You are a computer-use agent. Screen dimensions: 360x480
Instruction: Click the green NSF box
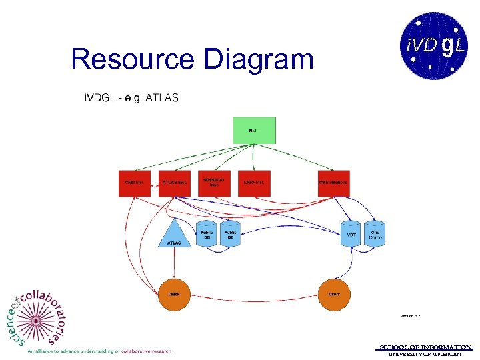254,131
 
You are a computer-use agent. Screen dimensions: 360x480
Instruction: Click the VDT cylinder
351,234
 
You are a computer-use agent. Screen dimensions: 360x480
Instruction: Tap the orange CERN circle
175,294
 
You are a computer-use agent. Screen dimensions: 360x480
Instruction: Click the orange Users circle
334,294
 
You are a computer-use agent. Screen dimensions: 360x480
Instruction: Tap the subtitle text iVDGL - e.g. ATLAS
131,98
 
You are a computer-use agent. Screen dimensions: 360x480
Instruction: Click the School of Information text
425,347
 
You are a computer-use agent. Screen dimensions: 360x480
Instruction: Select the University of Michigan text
425,354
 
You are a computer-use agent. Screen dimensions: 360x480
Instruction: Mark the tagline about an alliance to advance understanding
100,351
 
